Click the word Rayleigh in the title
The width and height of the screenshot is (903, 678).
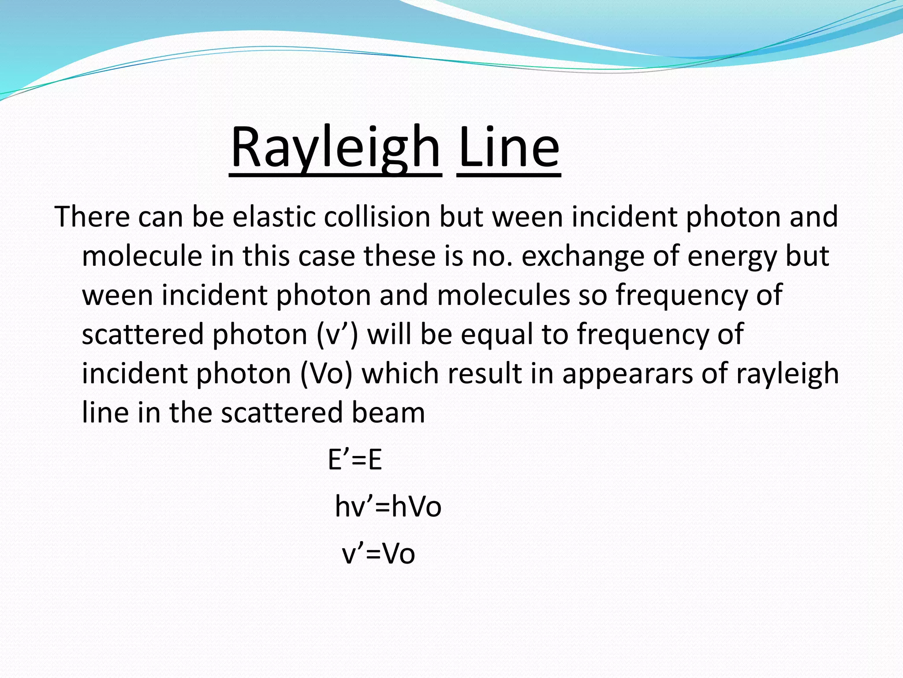tap(335, 148)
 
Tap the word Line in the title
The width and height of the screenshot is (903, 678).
tap(509, 148)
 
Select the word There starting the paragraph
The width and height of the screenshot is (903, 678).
tap(92, 217)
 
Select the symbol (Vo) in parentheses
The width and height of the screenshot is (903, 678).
tap(326, 373)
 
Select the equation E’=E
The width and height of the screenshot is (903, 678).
tap(355, 460)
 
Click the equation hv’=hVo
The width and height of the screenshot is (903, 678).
tap(388, 507)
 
